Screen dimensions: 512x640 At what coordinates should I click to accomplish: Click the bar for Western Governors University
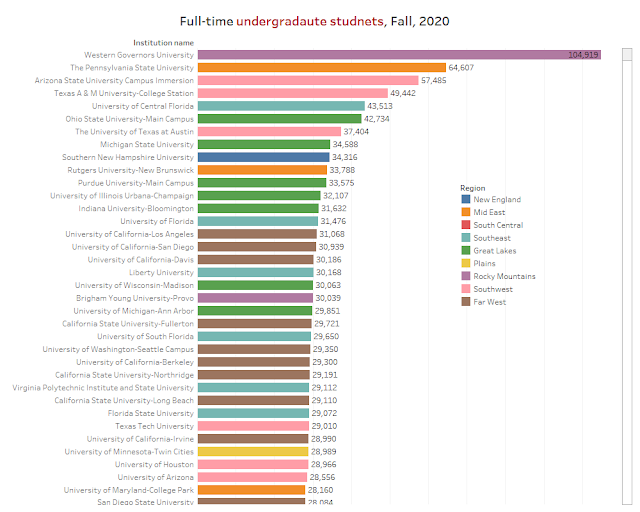tap(399, 54)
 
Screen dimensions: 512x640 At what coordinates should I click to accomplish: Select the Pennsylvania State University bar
tap(322, 67)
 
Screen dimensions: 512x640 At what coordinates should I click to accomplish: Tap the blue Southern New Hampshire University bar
tap(264, 157)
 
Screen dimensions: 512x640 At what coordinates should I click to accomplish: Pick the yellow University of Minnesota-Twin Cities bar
tap(253, 452)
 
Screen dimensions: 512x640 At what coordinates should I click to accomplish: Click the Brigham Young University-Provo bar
tap(254, 298)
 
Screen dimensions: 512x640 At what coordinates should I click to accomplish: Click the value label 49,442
tap(407, 93)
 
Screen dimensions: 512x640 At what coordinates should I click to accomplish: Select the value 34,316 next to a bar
tap(346, 157)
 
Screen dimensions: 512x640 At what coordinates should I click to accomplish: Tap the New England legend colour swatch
tap(467, 199)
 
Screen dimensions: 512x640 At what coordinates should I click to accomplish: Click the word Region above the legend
tap(473, 187)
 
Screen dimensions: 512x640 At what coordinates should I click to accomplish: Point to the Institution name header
tap(163, 42)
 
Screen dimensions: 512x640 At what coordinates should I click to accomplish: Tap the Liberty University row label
tap(161, 272)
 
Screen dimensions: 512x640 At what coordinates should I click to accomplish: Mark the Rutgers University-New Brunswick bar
tap(264, 170)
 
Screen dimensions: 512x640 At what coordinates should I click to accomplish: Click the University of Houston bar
tap(253, 465)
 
